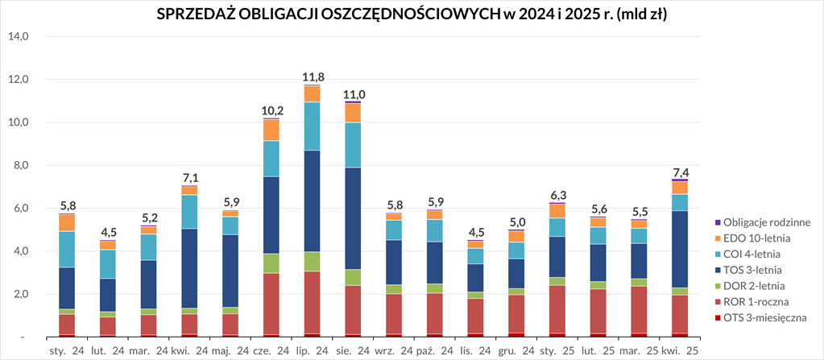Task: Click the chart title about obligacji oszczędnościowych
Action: [x=412, y=14]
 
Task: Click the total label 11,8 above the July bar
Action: [x=313, y=77]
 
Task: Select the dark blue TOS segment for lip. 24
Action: [x=313, y=201]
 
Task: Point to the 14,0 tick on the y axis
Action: [x=19, y=36]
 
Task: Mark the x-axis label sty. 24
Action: [x=66, y=350]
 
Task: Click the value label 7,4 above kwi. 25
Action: [x=679, y=172]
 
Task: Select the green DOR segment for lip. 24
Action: [x=313, y=262]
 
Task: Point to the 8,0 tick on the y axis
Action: [x=19, y=165]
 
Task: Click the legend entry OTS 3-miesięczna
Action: [x=765, y=318]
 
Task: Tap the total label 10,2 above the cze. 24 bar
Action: [x=271, y=110]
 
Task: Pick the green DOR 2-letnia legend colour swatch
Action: [x=718, y=286]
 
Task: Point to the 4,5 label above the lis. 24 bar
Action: [x=477, y=234]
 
